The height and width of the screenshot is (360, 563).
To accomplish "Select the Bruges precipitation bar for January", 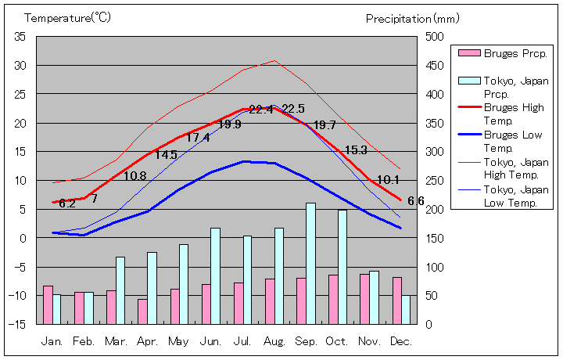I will click(x=48, y=304).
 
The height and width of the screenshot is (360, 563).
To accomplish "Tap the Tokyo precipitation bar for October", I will click(x=342, y=266).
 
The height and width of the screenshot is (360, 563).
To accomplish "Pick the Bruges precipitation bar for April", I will click(x=142, y=311).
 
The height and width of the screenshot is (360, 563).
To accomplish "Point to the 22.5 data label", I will click(x=293, y=109).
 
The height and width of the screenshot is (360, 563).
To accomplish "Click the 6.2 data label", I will click(x=67, y=203).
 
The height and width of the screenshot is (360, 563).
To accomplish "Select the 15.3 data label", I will click(x=356, y=150).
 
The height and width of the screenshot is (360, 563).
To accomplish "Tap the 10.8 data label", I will click(x=135, y=176).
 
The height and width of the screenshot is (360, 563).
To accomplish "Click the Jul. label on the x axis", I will click(x=242, y=341).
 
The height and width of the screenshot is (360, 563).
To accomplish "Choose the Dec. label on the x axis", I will click(x=401, y=341).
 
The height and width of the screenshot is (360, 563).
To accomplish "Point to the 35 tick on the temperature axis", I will click(x=20, y=37).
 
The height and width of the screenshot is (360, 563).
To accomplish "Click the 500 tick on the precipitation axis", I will click(x=434, y=37).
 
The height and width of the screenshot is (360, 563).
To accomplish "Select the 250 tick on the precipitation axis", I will click(x=434, y=180).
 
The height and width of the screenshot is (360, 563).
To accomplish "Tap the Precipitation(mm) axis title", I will click(x=413, y=17).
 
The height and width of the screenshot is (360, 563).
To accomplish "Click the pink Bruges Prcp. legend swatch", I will click(x=468, y=53).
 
